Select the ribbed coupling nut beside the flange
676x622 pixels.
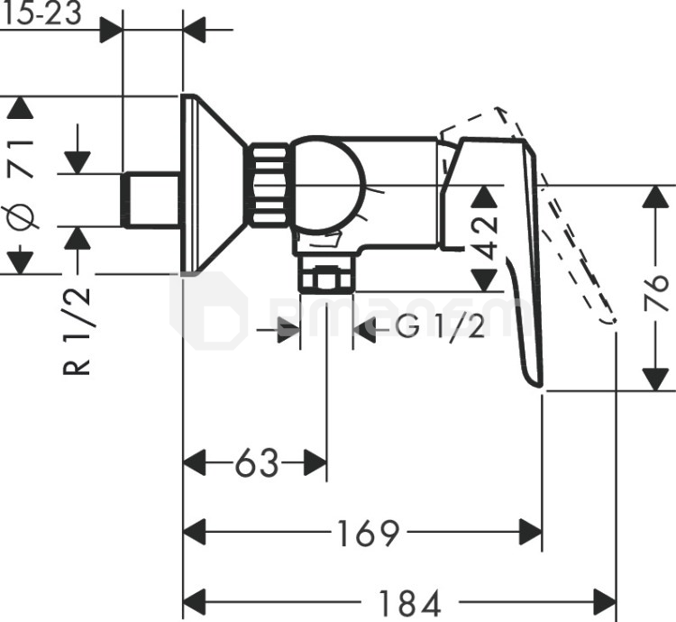tap(269, 184)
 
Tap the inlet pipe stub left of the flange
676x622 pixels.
tap(151, 200)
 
